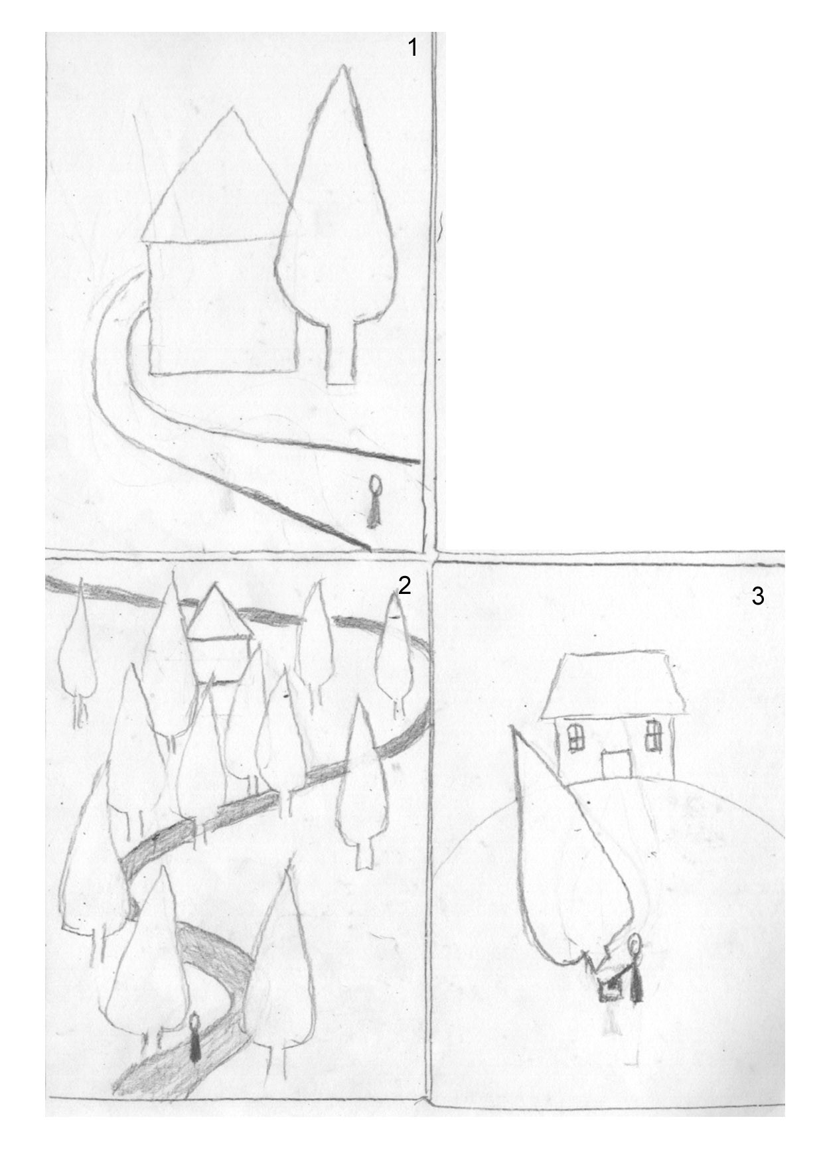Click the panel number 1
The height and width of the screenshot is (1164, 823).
(413, 48)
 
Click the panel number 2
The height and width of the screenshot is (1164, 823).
(404, 585)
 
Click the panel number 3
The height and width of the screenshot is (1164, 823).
(758, 596)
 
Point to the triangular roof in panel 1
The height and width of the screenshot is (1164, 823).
(216, 179)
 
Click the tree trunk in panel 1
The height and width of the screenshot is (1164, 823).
(341, 352)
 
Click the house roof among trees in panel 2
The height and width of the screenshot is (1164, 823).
(218, 612)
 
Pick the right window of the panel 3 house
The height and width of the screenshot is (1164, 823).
(654, 734)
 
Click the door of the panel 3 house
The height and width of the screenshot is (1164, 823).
(616, 764)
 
